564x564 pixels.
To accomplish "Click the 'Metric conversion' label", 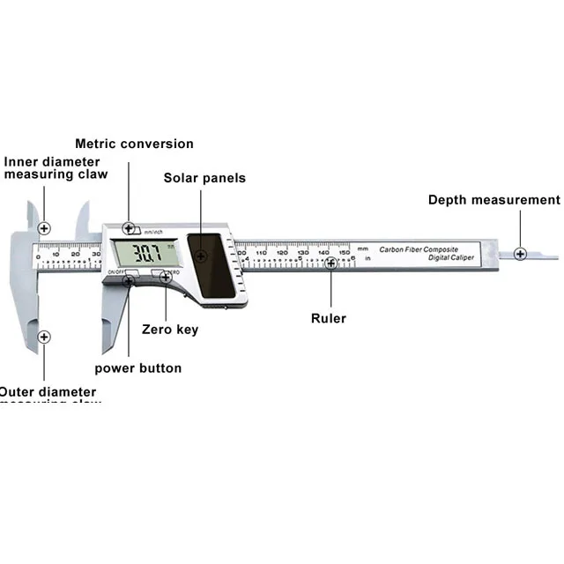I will pyautogui.click(x=134, y=144).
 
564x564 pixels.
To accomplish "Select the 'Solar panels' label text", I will pyautogui.click(x=204, y=178).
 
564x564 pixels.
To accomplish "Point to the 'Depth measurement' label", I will pyautogui.click(x=493, y=200).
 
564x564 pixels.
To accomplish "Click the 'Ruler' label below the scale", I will pyautogui.click(x=329, y=318).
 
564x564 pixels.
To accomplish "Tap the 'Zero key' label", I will pyautogui.click(x=170, y=330).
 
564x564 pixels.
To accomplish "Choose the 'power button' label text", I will pyautogui.click(x=138, y=368).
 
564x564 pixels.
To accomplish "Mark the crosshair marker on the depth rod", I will pyautogui.click(x=520, y=254).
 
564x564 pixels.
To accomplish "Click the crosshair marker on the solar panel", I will pyautogui.click(x=201, y=256).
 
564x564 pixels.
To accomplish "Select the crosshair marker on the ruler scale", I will pyautogui.click(x=330, y=262).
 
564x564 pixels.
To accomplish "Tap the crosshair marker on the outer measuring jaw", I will pyautogui.click(x=44, y=337).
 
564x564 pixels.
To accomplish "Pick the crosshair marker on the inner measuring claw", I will pyautogui.click(x=44, y=228).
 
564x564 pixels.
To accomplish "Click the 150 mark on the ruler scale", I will pyautogui.click(x=344, y=252).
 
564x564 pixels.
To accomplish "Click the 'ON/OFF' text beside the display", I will pyautogui.click(x=115, y=272).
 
